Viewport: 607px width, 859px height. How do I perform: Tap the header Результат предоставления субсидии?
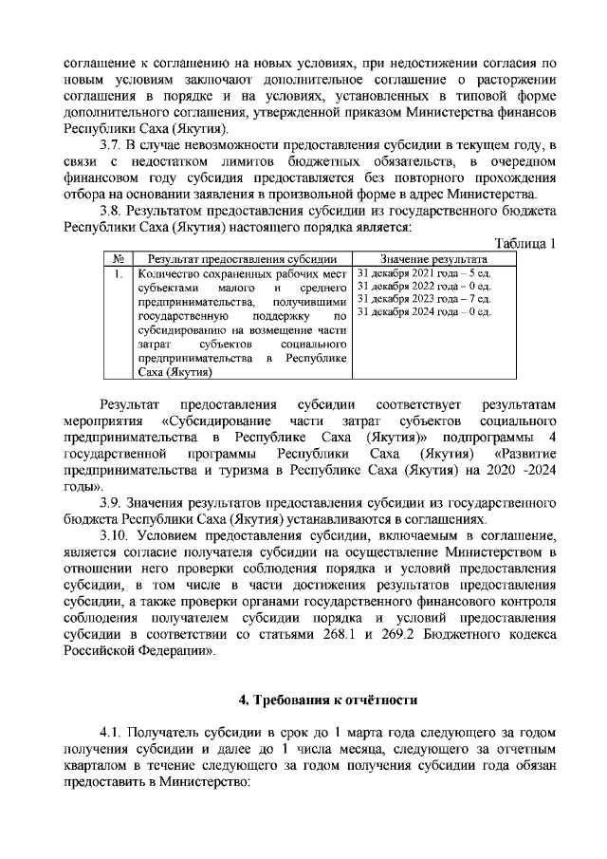coord(242,258)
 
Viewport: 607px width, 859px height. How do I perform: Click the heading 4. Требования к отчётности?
coord(328,701)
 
